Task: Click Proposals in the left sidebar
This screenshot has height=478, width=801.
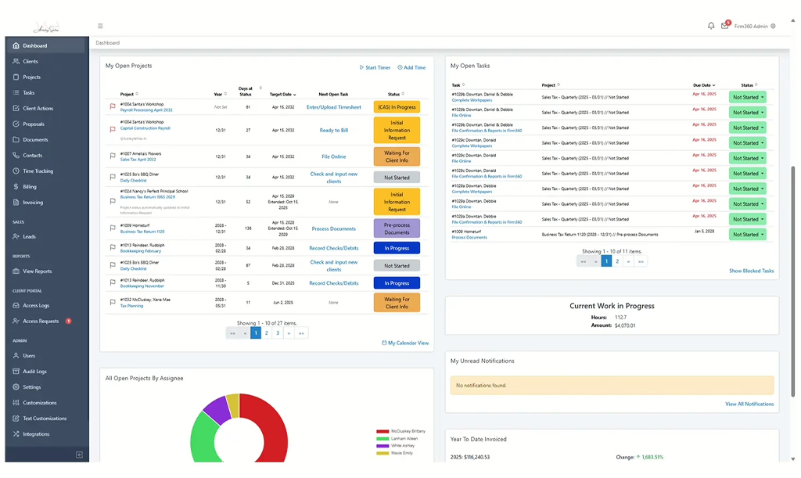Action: tap(33, 124)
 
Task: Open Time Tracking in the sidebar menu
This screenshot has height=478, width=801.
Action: tap(38, 171)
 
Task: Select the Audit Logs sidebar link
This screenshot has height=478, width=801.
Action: tap(34, 372)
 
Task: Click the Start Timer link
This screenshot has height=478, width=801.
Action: tap(375, 68)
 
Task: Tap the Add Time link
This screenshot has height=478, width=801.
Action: tap(412, 68)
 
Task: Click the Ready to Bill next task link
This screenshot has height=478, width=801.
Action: tap(334, 131)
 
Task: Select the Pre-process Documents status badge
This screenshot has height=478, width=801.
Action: tap(397, 229)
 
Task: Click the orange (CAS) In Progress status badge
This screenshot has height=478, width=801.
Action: tap(397, 107)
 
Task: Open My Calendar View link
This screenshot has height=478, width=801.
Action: tap(405, 343)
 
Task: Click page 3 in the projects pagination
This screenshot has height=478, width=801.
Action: tap(278, 333)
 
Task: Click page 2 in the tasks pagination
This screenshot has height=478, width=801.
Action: tap(617, 261)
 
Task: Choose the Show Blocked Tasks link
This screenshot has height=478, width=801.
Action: tap(751, 271)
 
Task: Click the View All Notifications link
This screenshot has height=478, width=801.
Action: tap(749, 404)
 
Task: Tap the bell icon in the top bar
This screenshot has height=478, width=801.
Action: tap(711, 27)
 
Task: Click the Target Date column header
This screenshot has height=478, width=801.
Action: tap(282, 95)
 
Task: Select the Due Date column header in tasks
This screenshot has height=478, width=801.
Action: tap(702, 85)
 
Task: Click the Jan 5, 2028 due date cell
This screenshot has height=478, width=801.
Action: tap(705, 232)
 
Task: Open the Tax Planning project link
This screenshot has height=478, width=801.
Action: tap(131, 306)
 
